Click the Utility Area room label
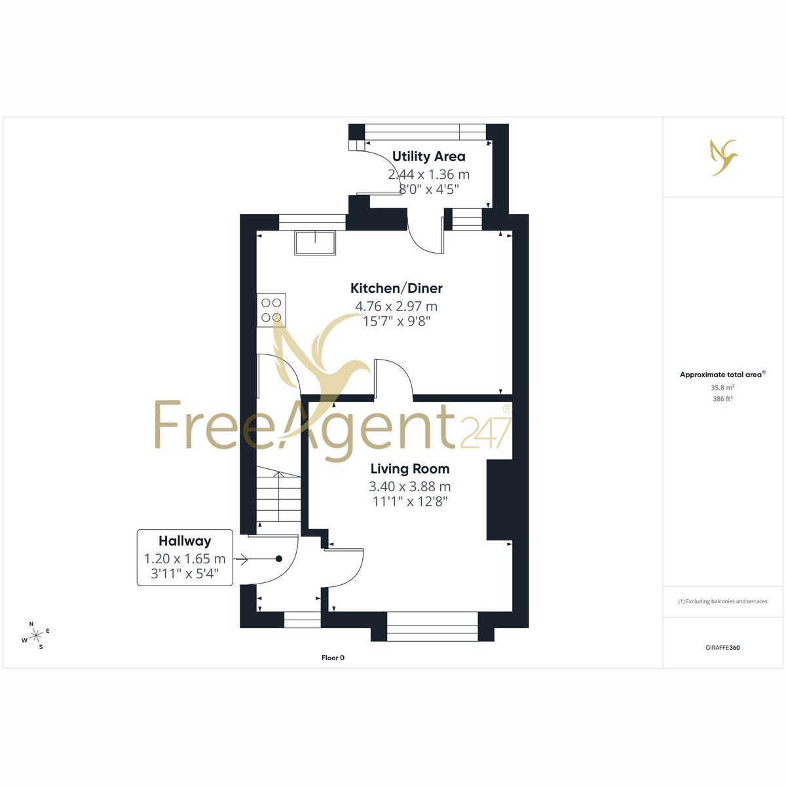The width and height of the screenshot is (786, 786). pos(428,157)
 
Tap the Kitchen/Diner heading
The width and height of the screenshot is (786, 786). pos(396,288)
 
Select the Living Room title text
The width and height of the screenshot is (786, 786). pos(409,469)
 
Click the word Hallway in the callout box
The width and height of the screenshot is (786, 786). pos(185,541)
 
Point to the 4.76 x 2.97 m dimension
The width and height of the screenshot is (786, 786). pos(396,306)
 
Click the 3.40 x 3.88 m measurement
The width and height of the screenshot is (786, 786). pos(409,486)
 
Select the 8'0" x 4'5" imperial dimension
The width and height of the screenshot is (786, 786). pos(428,189)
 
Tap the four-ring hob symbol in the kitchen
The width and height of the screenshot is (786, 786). pos(271,310)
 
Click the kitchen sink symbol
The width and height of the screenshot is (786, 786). pos(315,243)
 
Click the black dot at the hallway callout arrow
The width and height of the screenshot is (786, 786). pos(279,559)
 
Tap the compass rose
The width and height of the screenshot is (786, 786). pos(36,635)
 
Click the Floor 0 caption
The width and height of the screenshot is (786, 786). pos(333,658)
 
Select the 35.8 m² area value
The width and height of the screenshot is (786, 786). pos(722,388)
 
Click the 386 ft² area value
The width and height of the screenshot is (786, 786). pos(722,398)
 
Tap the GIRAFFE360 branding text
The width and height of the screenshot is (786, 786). pos(722,648)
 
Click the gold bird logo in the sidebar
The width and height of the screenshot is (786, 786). pos(724,157)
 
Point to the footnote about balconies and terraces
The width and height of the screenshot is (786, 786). pos(722,601)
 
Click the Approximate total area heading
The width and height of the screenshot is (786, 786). pos(722,375)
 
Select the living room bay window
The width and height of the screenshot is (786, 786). pos(432,627)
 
